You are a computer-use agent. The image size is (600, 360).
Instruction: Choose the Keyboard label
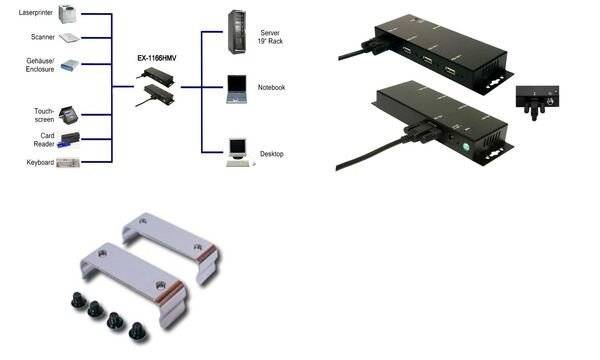[40, 160]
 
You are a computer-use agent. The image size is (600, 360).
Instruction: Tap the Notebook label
[271, 87]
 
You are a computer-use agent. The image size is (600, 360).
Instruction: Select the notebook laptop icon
[238, 88]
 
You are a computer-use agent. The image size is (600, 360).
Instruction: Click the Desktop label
[270, 154]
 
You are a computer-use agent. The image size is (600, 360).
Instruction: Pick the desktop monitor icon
[238, 150]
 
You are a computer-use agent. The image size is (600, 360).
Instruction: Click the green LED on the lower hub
[467, 148]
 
